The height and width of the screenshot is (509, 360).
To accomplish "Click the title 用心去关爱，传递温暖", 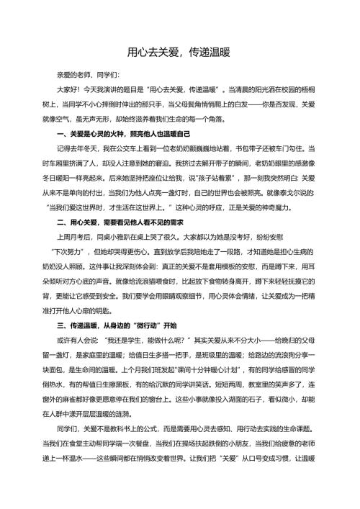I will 179,52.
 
